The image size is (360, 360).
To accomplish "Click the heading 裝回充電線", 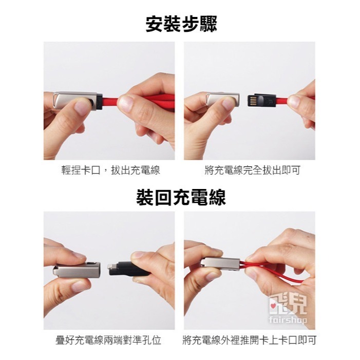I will click(x=181, y=197).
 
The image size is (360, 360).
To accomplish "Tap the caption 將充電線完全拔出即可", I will click(x=252, y=170).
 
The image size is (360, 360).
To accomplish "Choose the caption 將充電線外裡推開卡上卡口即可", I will click(x=250, y=340).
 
